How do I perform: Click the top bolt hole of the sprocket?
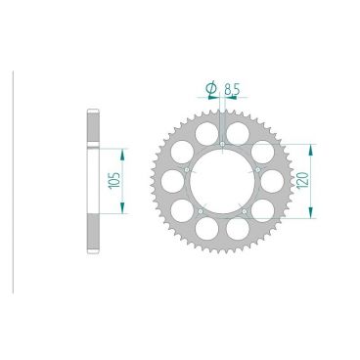click(x=224, y=143)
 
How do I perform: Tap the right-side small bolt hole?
click(x=258, y=169)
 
